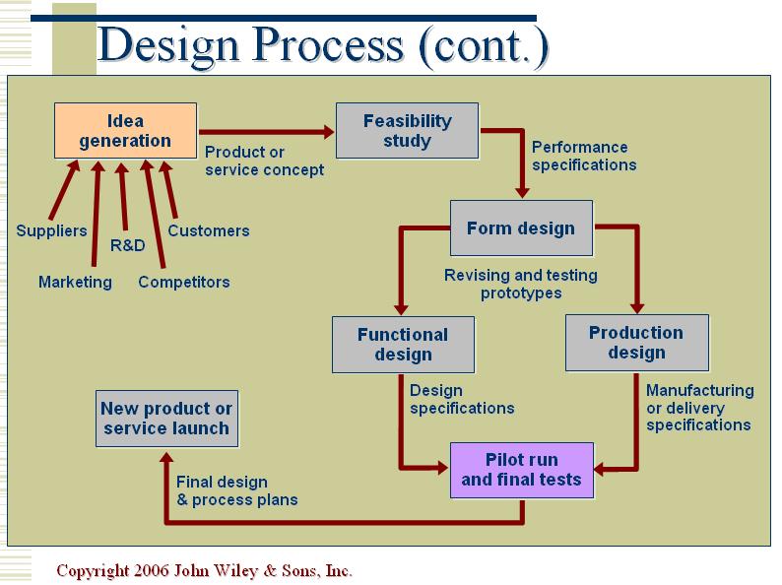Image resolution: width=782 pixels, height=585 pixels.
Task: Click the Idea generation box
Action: [x=125, y=130]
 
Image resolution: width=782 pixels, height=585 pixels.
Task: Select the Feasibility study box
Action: [x=407, y=130]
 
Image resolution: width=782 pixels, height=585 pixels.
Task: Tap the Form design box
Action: [x=521, y=228]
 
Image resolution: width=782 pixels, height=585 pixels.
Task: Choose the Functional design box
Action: [x=403, y=344]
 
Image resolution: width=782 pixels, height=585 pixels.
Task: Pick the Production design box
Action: [x=636, y=343]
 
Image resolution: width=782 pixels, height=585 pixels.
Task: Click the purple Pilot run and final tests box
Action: [x=521, y=470]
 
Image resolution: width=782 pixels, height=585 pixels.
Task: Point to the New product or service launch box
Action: [x=166, y=418]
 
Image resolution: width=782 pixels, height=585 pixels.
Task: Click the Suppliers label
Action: [x=51, y=231]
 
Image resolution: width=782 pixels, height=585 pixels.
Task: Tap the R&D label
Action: [x=127, y=244]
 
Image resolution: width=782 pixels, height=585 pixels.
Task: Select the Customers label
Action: [x=209, y=231]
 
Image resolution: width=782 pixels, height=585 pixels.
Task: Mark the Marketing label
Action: [x=75, y=283]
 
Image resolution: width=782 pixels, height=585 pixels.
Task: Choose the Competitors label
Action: [x=184, y=283]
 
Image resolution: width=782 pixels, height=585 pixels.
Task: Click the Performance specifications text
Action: [x=584, y=156]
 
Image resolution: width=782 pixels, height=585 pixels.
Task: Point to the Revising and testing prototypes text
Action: [x=521, y=284]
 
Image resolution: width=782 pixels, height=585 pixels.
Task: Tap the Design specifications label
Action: [x=462, y=399]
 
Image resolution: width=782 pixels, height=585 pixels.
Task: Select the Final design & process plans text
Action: [x=236, y=490]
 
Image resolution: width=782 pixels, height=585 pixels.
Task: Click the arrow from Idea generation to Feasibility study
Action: [x=266, y=130]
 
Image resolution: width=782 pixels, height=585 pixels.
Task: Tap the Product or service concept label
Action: [x=264, y=161]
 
